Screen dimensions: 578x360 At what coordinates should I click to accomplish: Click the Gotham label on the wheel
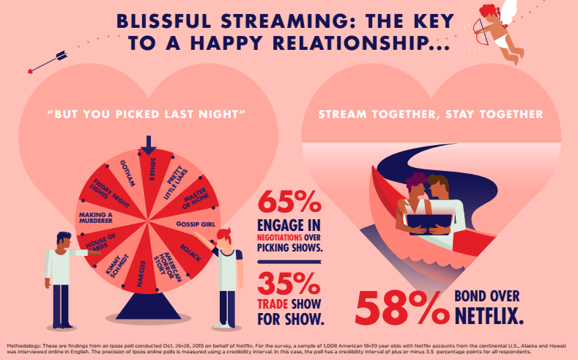point(127,173)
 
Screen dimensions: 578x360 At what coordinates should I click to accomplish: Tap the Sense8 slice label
point(152,169)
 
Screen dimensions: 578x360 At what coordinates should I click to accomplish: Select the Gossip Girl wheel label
point(196,224)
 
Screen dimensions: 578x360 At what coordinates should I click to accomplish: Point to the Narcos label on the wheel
point(141,273)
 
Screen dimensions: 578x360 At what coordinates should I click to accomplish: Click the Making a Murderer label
point(95,218)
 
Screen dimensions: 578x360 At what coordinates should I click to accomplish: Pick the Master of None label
point(195,198)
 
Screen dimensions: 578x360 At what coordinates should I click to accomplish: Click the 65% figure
point(289,202)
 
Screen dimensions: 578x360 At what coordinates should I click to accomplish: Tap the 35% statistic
point(289,284)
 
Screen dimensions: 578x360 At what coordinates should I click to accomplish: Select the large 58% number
point(402,308)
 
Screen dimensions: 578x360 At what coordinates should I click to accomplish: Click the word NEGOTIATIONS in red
point(279,237)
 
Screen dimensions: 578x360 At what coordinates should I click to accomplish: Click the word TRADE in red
point(273,304)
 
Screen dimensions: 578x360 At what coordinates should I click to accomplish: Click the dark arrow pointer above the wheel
point(148,145)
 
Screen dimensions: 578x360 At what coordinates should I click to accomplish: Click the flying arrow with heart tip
point(48,62)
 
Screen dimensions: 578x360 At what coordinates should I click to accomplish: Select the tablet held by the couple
point(429,224)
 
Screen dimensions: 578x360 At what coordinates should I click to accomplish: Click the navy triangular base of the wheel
point(149,306)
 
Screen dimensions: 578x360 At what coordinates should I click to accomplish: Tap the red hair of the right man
point(224,235)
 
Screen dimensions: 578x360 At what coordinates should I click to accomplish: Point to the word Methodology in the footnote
point(23,346)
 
